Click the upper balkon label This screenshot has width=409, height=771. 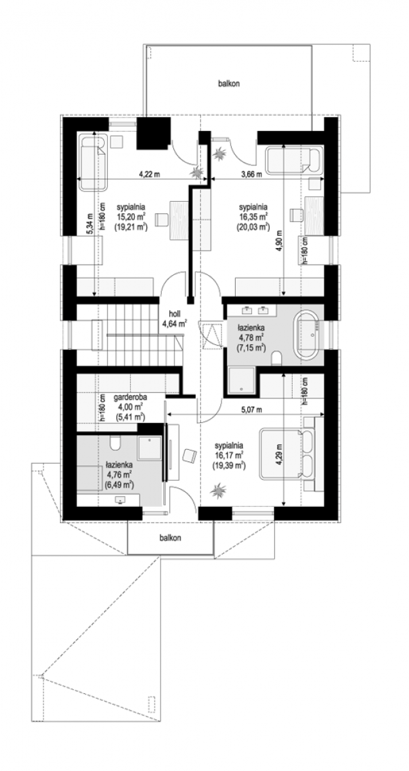click(x=229, y=84)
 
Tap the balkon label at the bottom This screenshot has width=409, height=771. click(x=170, y=538)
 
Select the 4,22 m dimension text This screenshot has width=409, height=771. click(x=150, y=174)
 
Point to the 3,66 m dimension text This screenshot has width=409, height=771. click(x=251, y=174)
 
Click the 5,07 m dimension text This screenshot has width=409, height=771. click(x=251, y=410)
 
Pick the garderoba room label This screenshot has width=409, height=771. click(x=130, y=397)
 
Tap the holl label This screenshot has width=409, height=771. click(x=175, y=314)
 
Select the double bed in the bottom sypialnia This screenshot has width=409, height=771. click(x=288, y=453)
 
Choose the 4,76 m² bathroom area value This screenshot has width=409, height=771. click(x=119, y=475)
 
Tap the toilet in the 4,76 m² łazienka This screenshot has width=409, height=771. click(x=115, y=443)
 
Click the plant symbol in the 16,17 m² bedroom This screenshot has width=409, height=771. click(x=218, y=490)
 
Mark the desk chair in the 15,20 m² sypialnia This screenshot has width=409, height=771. click(x=161, y=219)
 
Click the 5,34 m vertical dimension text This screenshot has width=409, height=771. click(x=90, y=224)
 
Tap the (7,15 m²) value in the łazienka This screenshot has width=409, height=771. click(x=251, y=348)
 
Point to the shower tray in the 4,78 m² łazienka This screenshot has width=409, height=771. click(x=242, y=380)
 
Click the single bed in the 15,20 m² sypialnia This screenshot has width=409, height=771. click(x=93, y=163)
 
